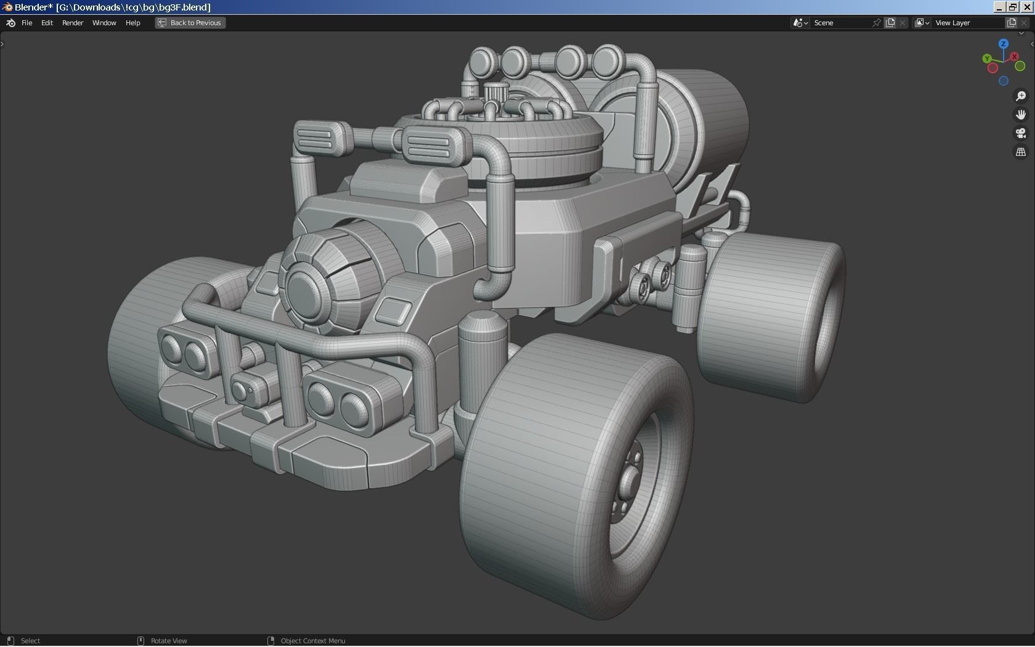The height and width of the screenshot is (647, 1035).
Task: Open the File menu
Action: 26,23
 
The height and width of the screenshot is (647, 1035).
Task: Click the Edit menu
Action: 47,23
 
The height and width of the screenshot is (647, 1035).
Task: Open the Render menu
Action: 73,23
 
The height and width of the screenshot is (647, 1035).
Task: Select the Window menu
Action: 104,23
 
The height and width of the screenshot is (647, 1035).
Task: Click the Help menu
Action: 132,23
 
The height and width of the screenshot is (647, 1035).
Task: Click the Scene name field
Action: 841,23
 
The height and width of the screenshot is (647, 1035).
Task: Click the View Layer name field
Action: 967,23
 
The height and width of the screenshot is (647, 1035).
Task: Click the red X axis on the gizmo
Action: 1014,57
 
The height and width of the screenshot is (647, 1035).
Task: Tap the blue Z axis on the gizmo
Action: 1004,44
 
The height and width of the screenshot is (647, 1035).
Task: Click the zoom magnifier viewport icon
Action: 1021,96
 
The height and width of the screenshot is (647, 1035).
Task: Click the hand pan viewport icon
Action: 1021,115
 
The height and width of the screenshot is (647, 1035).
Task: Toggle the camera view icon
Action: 1021,133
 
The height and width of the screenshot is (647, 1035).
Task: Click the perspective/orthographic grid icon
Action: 1021,152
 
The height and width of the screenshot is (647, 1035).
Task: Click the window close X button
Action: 1027,7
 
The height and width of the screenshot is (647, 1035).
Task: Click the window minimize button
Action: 999,7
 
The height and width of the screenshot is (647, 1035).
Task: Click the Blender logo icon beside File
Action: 10,23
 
